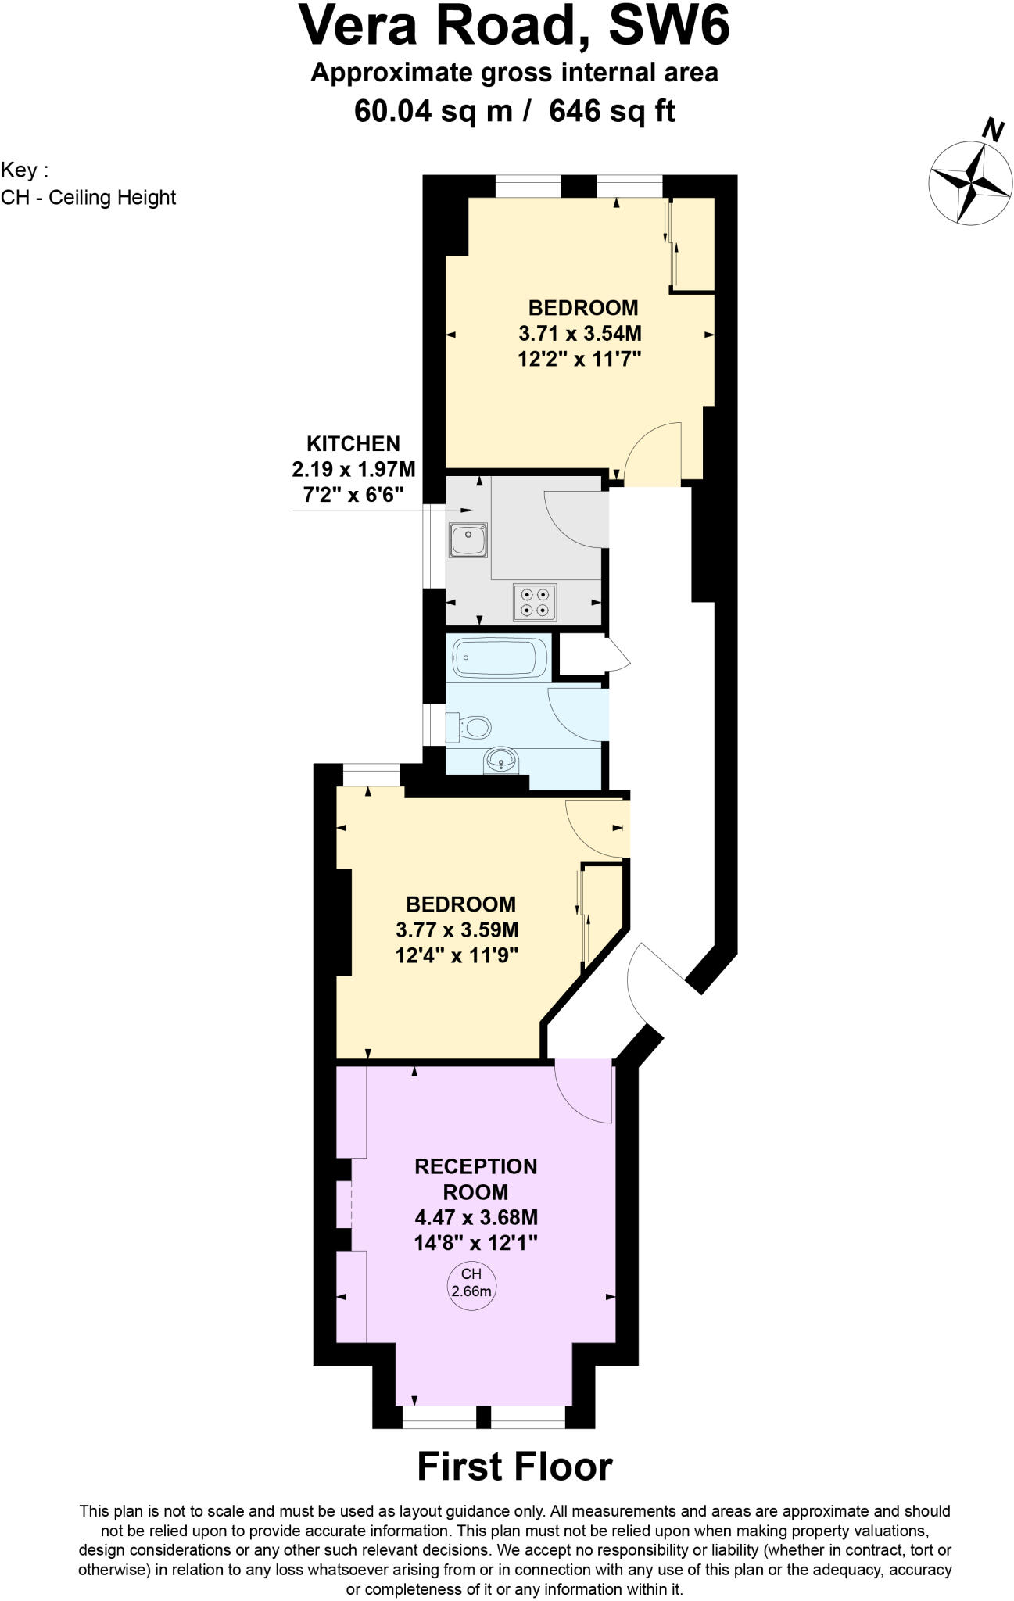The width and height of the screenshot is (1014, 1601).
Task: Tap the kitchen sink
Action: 468,540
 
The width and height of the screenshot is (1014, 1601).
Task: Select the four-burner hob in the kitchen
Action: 535,602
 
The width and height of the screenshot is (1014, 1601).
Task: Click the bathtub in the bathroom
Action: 500,658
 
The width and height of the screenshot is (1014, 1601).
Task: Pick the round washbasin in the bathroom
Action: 500,758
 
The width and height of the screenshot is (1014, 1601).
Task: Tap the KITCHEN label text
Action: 353,444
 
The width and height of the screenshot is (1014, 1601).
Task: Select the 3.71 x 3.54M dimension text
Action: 580,334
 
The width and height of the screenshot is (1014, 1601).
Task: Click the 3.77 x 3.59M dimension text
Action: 457,930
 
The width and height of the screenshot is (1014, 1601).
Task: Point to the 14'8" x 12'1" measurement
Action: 476,1242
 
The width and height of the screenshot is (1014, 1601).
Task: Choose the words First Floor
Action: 514,1467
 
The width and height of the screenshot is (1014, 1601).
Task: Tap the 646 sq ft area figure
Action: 612,112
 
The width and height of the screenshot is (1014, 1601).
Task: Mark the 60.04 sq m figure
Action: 433,112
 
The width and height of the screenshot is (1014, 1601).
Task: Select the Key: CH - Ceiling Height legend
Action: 88,184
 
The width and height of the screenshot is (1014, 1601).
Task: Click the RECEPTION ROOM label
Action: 475,1179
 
